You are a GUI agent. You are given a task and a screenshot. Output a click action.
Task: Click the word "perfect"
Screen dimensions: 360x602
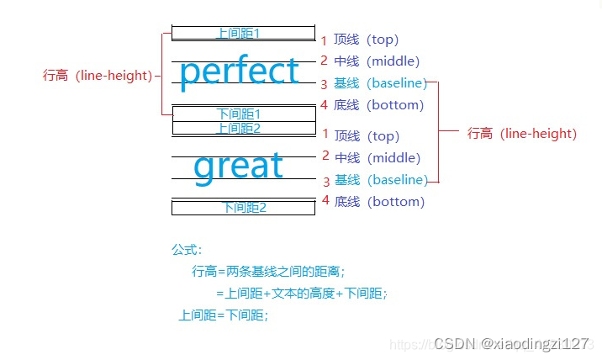click(239, 72)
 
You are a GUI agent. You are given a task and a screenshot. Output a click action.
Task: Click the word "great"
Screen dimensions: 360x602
click(238, 167)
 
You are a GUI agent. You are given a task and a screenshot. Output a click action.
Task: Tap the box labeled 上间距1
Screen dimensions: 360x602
click(243, 34)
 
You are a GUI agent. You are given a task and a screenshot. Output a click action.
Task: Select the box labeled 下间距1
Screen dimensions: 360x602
click(243, 114)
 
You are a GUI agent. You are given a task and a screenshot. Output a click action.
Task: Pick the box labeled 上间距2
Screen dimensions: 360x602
click(243, 129)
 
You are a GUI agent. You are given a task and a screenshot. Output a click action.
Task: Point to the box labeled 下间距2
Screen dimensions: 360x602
click(243, 208)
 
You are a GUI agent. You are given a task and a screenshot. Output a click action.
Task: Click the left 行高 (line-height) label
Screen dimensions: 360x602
click(98, 75)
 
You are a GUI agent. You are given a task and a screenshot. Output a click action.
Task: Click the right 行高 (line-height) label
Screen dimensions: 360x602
click(522, 134)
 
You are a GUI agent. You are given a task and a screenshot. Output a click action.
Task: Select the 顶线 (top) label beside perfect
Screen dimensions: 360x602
click(366, 40)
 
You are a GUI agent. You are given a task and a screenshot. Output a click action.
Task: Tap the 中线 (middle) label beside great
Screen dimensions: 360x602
click(377, 157)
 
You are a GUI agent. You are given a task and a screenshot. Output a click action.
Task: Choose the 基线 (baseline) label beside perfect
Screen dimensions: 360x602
click(380, 83)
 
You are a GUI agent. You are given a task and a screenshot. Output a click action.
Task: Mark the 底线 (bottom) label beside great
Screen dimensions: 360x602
click(379, 202)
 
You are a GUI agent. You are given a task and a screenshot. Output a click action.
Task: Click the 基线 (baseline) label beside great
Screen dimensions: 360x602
click(380, 180)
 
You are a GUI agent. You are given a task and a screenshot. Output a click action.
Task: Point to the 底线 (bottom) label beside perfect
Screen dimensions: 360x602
click(378, 105)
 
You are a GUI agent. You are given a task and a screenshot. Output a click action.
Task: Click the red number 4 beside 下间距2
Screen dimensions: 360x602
click(325, 200)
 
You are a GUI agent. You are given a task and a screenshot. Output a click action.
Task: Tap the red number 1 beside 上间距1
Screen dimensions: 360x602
click(325, 40)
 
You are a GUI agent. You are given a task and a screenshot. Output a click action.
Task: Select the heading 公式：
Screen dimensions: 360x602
click(187, 250)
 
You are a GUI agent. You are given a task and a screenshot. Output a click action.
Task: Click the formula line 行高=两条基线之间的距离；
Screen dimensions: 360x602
click(269, 271)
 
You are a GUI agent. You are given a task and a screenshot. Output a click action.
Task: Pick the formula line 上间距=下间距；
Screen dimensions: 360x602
click(224, 315)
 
